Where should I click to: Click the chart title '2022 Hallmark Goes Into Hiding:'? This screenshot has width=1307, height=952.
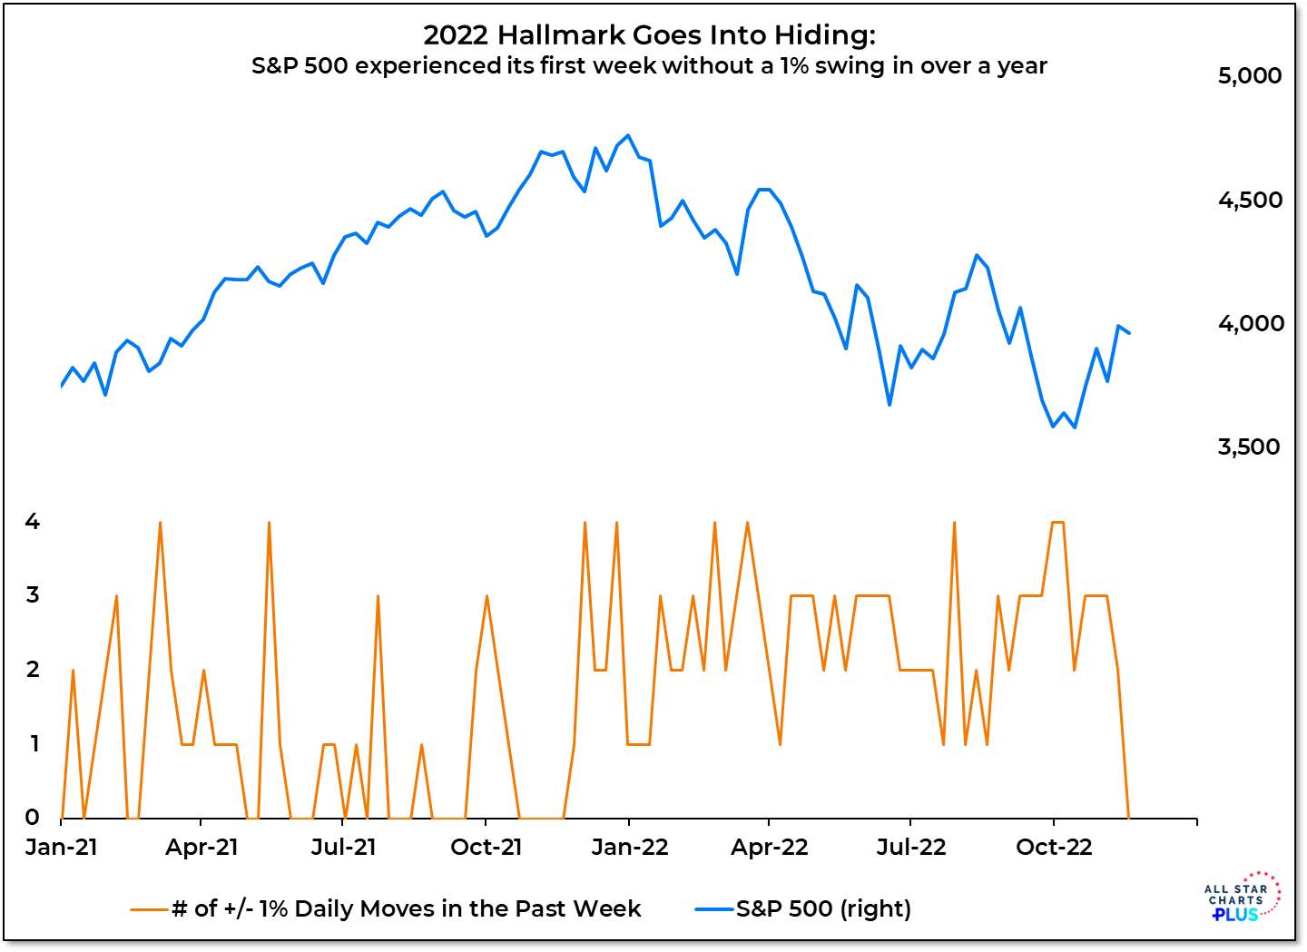pos(649,35)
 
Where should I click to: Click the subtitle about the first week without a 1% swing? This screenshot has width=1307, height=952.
pos(649,66)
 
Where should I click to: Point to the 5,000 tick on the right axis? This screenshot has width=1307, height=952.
pos(1250,76)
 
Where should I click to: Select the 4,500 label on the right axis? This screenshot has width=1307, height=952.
pos(1250,201)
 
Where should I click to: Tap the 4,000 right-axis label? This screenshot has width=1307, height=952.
pos(1250,324)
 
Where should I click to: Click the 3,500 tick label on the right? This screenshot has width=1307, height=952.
pos(1250,447)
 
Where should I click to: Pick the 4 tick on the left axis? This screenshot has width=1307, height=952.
pos(33,522)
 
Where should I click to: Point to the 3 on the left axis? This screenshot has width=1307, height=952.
pos(33,595)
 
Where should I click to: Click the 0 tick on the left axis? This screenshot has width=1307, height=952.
pos(33,817)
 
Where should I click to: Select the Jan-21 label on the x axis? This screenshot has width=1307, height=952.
pos(62,848)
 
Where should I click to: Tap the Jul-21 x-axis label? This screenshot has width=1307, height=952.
pos(343,848)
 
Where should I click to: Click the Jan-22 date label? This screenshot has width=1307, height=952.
pos(629,848)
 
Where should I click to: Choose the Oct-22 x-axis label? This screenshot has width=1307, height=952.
pos(1054,848)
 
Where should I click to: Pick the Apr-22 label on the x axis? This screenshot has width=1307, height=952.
pos(770,848)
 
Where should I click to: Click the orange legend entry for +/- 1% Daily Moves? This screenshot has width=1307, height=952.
pos(387,908)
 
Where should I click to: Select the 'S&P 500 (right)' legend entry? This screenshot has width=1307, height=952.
pos(803,908)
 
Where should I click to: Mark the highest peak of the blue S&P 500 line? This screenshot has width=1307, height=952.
pos(628,136)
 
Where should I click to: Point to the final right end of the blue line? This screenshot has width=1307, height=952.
pos(1129,333)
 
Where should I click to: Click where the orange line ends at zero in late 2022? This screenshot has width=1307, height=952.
pos(1129,817)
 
